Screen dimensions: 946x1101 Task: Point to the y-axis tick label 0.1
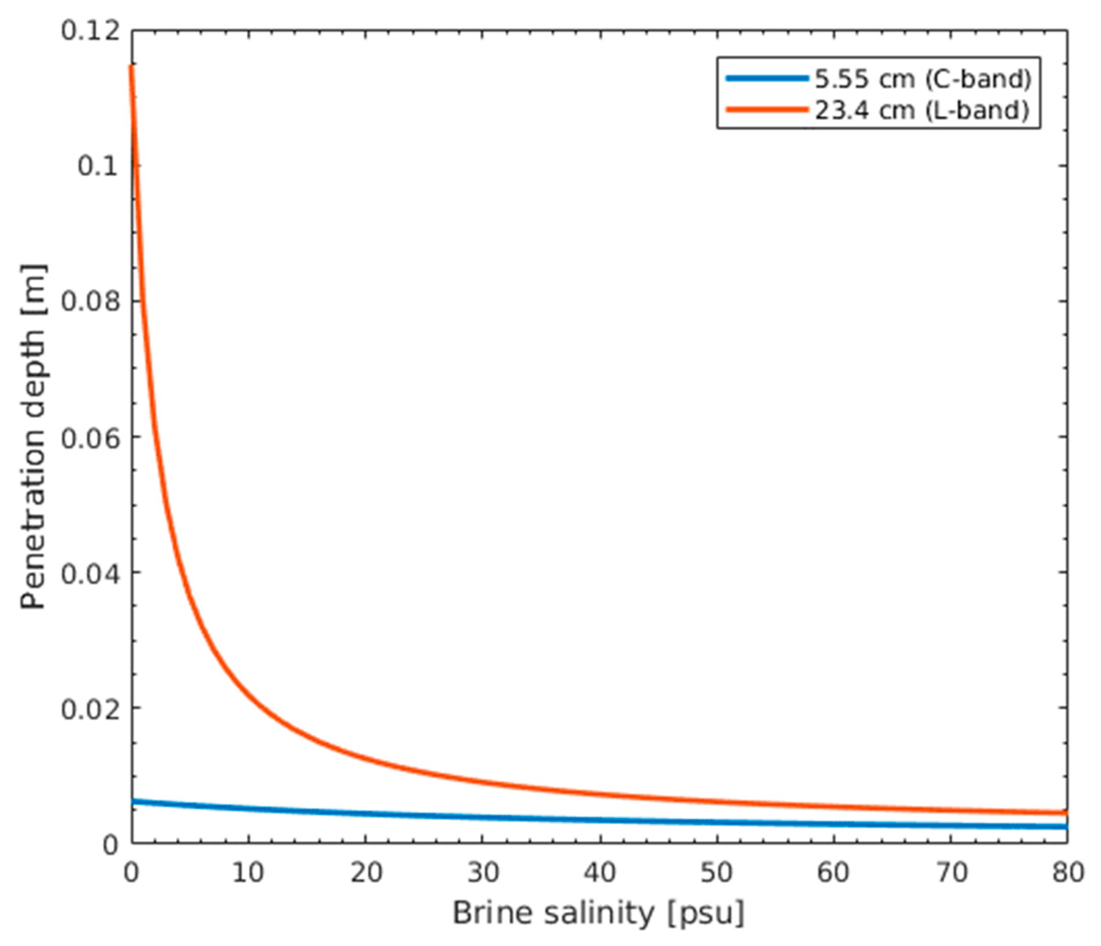tap(99, 166)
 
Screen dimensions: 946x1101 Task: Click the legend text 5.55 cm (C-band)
tap(924, 79)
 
